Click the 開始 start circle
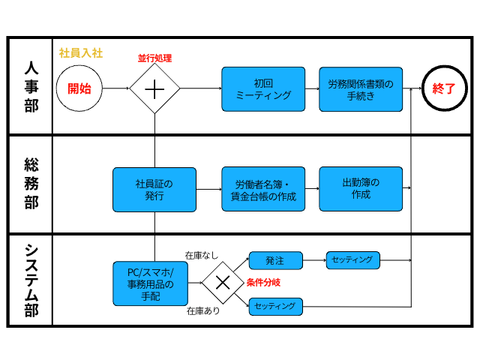click(x=79, y=88)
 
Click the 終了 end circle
click(x=444, y=88)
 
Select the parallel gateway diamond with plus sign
click(x=154, y=88)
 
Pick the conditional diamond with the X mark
click(x=223, y=283)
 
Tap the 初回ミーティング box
click(x=263, y=89)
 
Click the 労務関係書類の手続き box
click(x=361, y=89)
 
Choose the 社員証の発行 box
click(x=154, y=189)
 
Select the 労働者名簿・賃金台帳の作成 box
click(x=263, y=189)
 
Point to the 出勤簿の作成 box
click(x=361, y=188)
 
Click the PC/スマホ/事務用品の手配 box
click(x=150, y=283)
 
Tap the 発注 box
click(x=275, y=260)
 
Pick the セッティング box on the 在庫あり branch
click(x=275, y=306)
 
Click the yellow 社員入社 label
click(x=80, y=53)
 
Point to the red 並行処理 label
click(x=154, y=58)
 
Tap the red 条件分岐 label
click(x=264, y=283)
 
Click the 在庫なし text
click(x=202, y=255)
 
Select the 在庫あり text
click(x=203, y=310)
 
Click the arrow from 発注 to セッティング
click(x=314, y=260)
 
